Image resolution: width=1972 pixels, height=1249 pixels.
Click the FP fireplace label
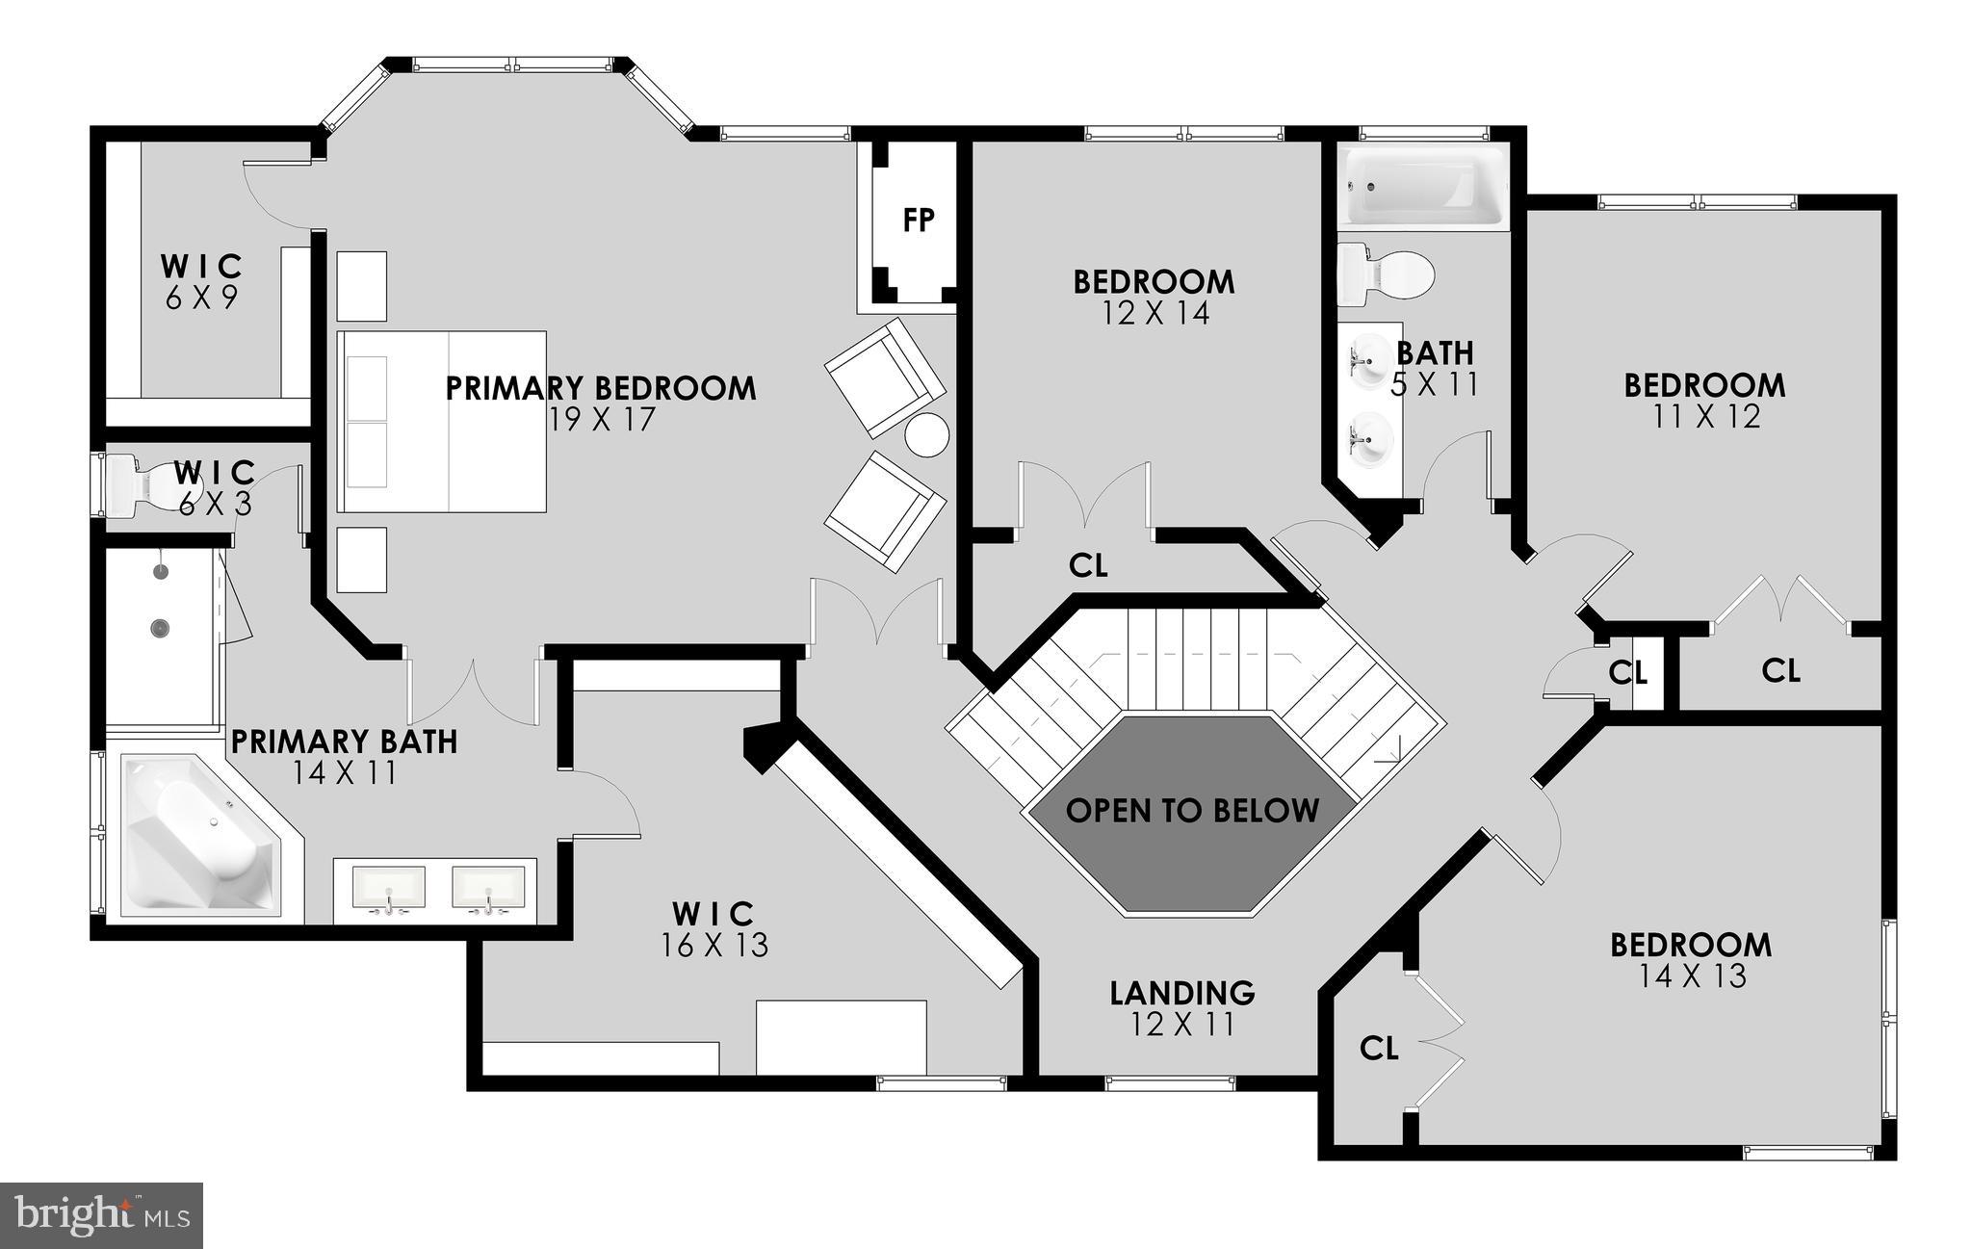click(x=918, y=221)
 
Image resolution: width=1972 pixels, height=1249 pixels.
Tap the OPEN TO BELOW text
click(x=1192, y=811)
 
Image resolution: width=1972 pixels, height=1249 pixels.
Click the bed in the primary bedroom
click(x=442, y=422)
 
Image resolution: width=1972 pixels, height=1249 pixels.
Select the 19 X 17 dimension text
click(x=602, y=420)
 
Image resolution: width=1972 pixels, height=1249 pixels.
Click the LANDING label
click(x=1182, y=992)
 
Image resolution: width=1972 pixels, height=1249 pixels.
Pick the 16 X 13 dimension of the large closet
click(x=714, y=946)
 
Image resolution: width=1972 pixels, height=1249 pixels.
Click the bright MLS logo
click(x=101, y=1215)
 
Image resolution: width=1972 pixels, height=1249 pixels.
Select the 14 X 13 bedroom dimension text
click(x=1692, y=976)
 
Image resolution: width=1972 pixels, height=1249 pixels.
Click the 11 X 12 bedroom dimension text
click(x=1705, y=416)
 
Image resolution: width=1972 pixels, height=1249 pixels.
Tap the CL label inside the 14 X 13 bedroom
click(x=1379, y=1049)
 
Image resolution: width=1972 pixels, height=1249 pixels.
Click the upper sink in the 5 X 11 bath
click(x=1368, y=358)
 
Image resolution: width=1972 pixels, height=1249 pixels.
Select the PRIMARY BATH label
click(x=344, y=742)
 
